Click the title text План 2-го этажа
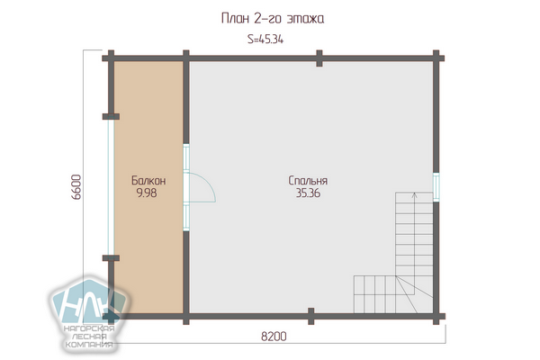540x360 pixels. [x=273, y=18]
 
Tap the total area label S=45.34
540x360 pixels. [x=265, y=40]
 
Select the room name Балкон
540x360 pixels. [x=148, y=181]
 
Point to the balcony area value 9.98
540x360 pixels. [x=147, y=193]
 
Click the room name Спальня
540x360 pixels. [x=308, y=181]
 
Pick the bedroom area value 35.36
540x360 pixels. [x=308, y=193]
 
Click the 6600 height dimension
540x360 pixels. [x=76, y=187]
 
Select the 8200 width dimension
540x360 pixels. [x=274, y=336]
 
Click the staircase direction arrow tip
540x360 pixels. [x=415, y=193]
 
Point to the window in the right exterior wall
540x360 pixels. [x=436, y=186]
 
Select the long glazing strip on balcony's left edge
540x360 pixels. [x=111, y=187]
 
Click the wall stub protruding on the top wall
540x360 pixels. [x=319, y=58]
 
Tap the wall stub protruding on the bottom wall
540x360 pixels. [x=311, y=316]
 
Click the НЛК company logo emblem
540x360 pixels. [x=89, y=302]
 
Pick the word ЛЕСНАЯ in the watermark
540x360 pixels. [x=90, y=337]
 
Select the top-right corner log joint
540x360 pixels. [x=436, y=58]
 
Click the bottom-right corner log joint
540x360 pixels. [x=436, y=316]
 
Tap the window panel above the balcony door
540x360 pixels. [x=186, y=157]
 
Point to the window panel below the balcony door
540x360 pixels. [x=186, y=217]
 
